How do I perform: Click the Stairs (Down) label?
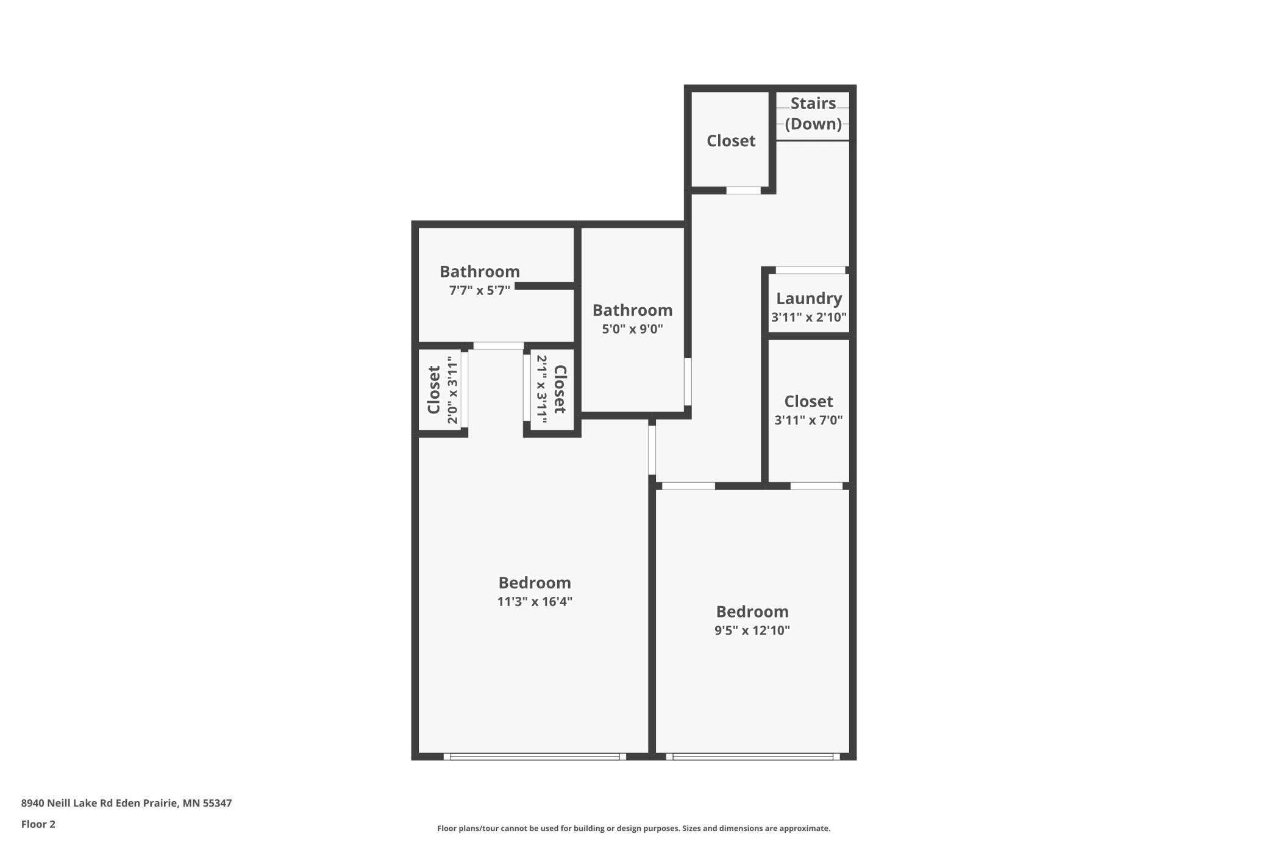tap(813, 113)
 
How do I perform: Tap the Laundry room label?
tap(809, 298)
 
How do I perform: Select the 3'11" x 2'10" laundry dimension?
tap(809, 317)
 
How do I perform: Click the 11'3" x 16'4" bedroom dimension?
tap(535, 602)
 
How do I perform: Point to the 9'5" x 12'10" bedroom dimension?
tap(752, 630)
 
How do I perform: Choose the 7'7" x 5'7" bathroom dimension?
tap(480, 290)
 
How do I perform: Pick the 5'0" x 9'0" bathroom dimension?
tap(633, 329)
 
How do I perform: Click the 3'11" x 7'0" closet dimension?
tap(808, 420)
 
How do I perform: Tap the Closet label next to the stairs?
tap(731, 141)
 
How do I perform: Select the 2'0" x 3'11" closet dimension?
tap(452, 390)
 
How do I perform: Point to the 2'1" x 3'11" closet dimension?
tap(541, 390)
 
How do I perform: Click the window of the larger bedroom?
tap(535, 757)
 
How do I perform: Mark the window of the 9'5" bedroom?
tap(753, 757)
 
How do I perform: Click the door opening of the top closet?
tap(743, 190)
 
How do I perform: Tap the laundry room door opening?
tap(810, 270)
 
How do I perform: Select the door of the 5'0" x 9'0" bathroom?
tap(688, 382)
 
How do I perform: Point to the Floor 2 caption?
tap(38, 824)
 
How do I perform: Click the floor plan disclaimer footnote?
tap(633, 828)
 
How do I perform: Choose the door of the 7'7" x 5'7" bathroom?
tap(498, 346)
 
